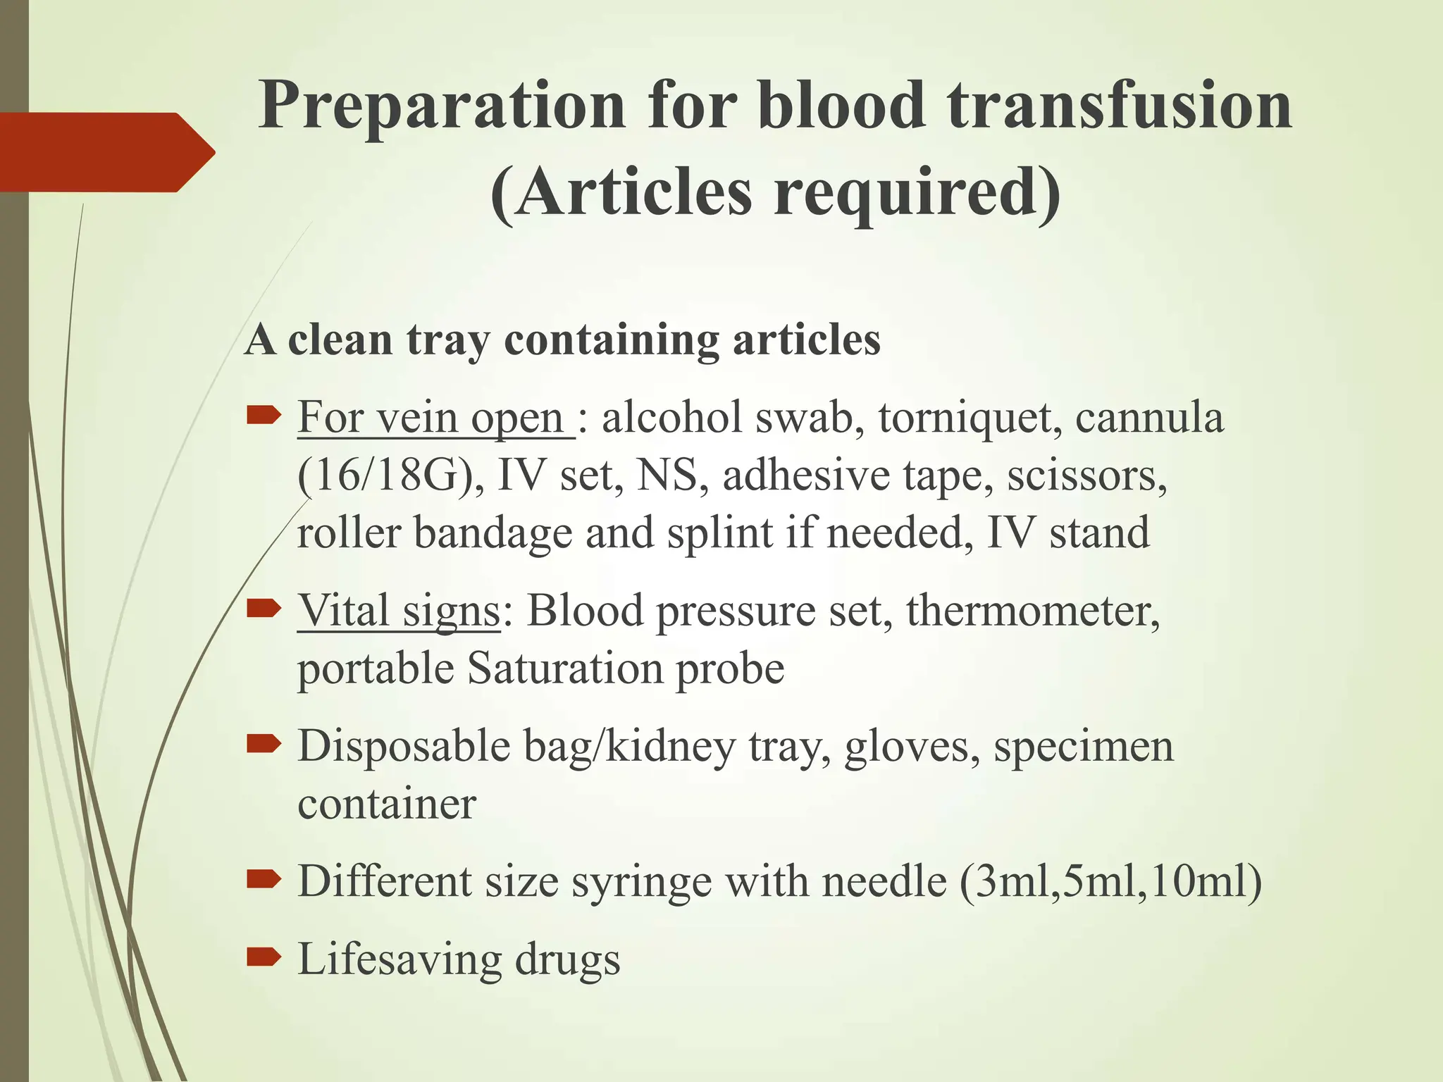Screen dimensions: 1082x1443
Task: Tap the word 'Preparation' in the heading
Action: point(442,106)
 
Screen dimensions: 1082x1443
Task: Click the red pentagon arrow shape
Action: point(106,152)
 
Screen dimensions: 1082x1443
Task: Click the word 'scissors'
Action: point(1086,475)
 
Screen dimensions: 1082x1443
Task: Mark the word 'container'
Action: point(387,804)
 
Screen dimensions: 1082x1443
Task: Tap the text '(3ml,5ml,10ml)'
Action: point(1110,881)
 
